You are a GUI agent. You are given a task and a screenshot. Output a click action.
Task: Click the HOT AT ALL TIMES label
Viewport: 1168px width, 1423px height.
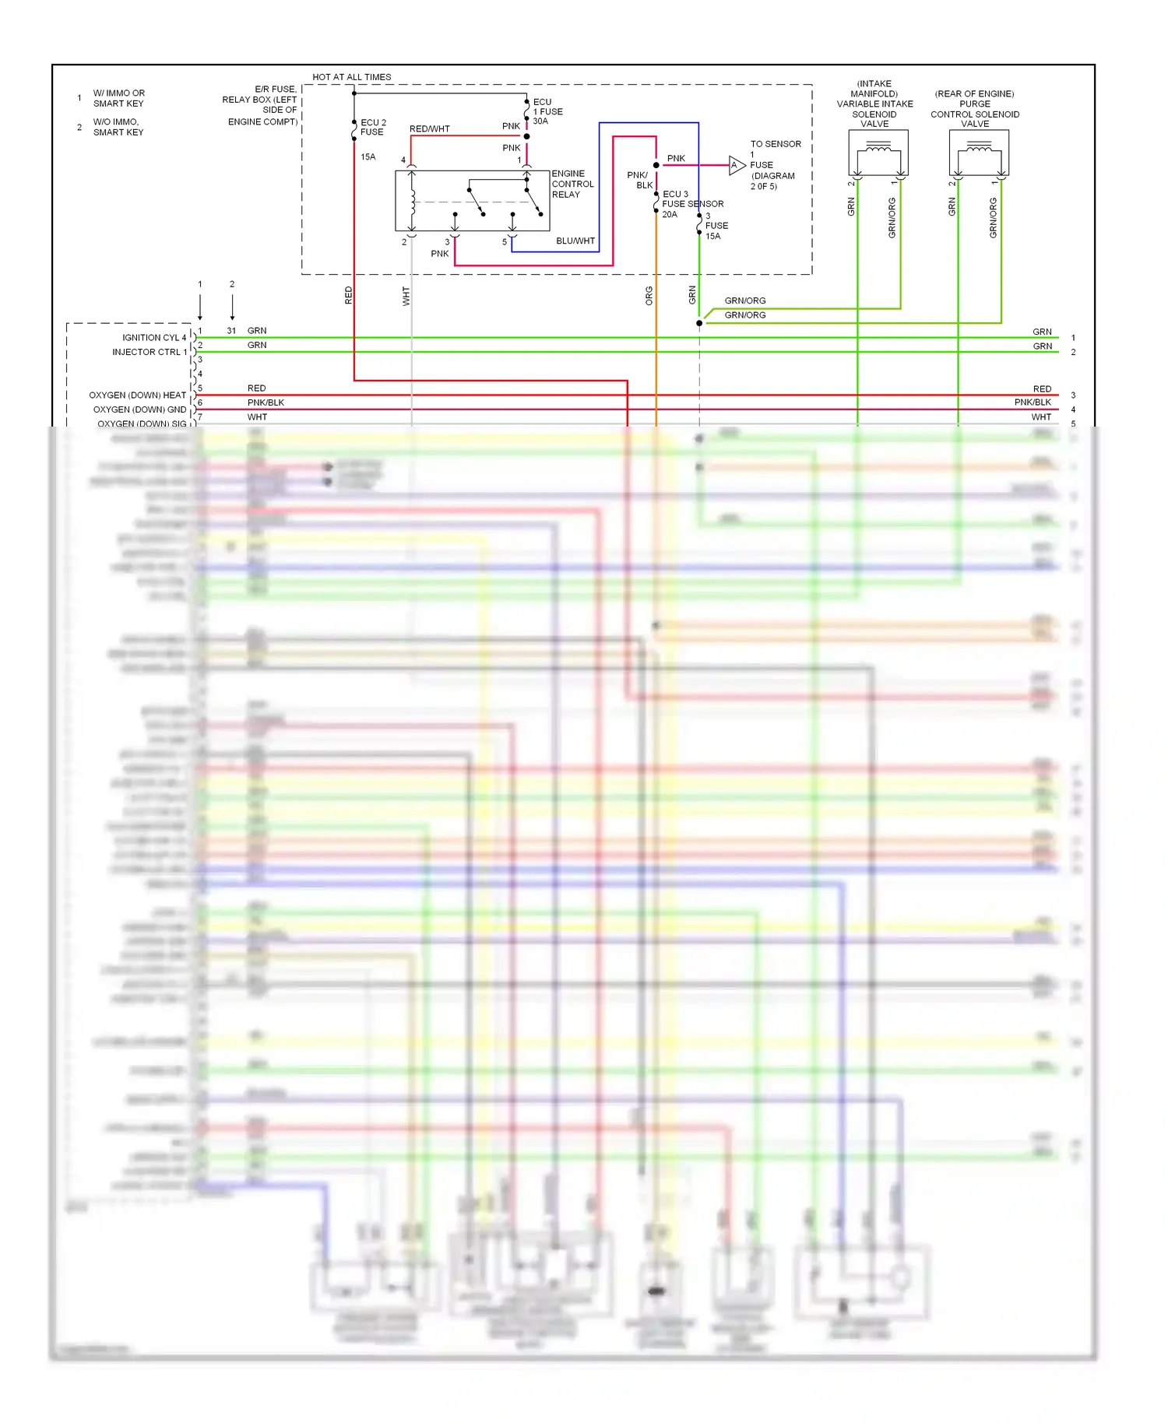click(351, 77)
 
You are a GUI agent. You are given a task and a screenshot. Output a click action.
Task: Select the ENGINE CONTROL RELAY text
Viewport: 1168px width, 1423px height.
click(572, 184)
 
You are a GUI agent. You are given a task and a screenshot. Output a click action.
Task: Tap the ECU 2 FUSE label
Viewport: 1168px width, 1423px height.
click(373, 128)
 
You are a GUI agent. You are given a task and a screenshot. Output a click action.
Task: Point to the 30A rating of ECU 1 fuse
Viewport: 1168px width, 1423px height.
click(540, 121)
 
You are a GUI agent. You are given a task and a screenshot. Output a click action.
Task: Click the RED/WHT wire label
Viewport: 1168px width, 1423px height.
click(429, 129)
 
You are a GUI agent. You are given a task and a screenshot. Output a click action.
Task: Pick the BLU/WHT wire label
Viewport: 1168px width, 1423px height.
click(575, 241)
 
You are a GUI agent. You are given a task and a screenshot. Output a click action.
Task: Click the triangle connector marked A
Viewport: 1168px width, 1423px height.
click(736, 165)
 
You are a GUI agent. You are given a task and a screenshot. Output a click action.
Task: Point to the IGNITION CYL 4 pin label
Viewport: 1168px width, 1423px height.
click(154, 338)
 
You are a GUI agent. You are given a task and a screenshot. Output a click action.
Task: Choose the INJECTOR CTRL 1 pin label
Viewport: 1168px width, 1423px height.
click(150, 353)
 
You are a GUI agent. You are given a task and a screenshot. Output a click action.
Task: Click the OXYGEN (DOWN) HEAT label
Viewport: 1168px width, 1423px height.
click(138, 395)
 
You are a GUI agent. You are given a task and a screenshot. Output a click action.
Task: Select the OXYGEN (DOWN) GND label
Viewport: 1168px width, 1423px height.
click(140, 409)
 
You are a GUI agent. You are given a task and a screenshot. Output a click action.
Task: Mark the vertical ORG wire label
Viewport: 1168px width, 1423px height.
click(649, 296)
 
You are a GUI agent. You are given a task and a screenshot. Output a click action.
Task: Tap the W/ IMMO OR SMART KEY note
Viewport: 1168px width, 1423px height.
click(118, 98)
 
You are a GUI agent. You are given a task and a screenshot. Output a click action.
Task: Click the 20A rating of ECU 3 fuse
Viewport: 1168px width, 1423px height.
click(670, 215)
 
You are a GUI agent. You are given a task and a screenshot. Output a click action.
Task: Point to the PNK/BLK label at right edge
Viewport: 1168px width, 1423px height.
click(1033, 402)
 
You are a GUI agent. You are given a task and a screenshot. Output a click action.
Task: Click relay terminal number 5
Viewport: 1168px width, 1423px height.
click(505, 242)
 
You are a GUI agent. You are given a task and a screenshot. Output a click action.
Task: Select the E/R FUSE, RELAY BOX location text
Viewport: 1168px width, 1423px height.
click(260, 105)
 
